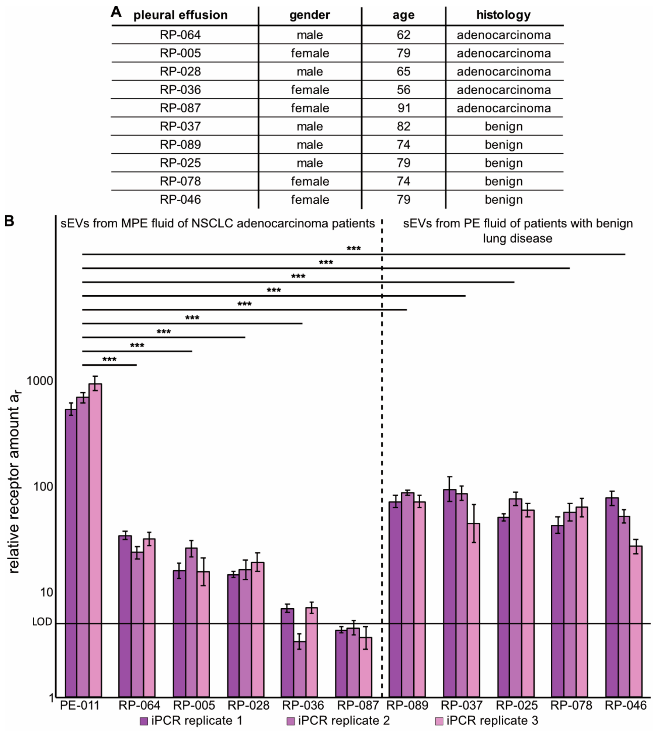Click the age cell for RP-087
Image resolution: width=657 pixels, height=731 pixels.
(403, 108)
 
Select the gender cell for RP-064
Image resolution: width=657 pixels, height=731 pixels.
(310, 35)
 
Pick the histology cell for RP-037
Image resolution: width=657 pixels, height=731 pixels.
(503, 126)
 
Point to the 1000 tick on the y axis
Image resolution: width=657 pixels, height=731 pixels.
(40, 381)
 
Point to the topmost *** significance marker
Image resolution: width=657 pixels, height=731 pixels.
(353, 249)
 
